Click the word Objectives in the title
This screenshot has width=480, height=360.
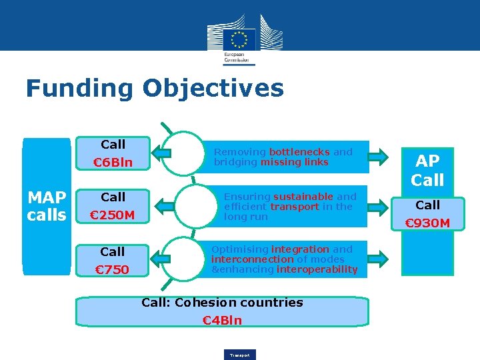point(213,89)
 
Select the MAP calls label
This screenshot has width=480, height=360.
point(46,206)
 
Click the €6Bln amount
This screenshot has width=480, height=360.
point(113,163)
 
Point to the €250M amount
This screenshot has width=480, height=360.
point(113,215)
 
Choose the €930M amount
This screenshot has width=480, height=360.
point(428,223)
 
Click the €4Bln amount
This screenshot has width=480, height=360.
point(222,321)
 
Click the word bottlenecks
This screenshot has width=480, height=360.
point(299,152)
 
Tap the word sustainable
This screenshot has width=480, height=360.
point(303,197)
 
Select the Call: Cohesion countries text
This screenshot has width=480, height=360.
point(222,303)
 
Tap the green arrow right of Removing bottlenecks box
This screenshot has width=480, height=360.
point(377,157)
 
